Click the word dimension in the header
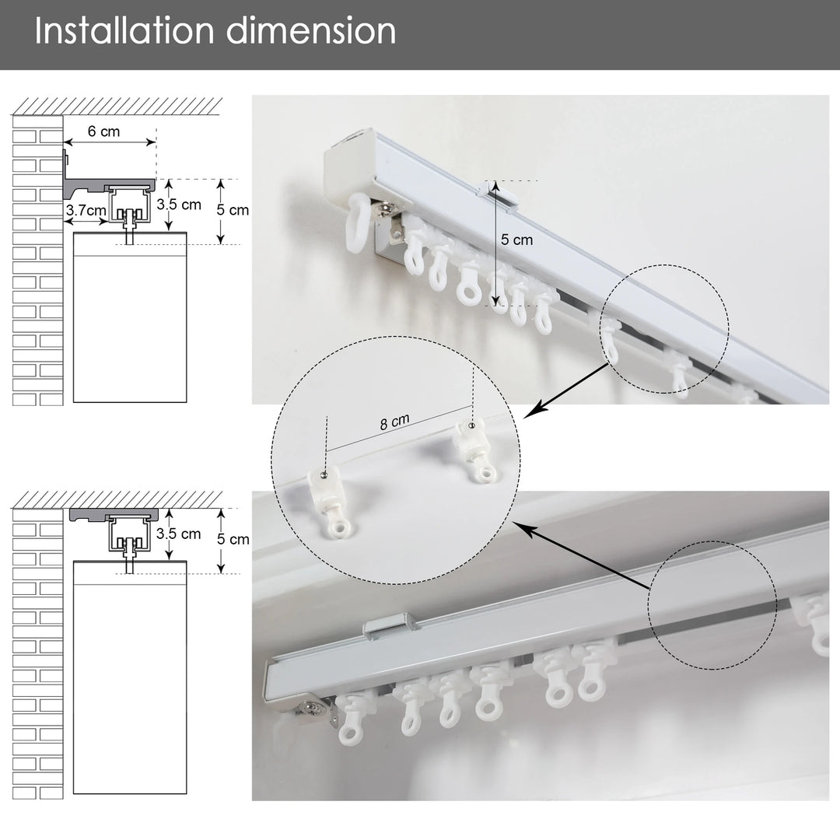[311, 31]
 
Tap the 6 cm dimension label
[104, 131]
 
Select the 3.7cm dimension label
[86, 210]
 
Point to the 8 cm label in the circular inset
[395, 422]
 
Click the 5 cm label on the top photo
[517, 240]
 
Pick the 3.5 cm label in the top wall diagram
[179, 205]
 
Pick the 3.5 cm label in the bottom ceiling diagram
[179, 534]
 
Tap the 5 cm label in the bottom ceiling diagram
[233, 540]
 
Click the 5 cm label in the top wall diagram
[233, 210]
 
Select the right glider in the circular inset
[474, 449]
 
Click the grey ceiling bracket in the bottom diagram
[114, 514]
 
